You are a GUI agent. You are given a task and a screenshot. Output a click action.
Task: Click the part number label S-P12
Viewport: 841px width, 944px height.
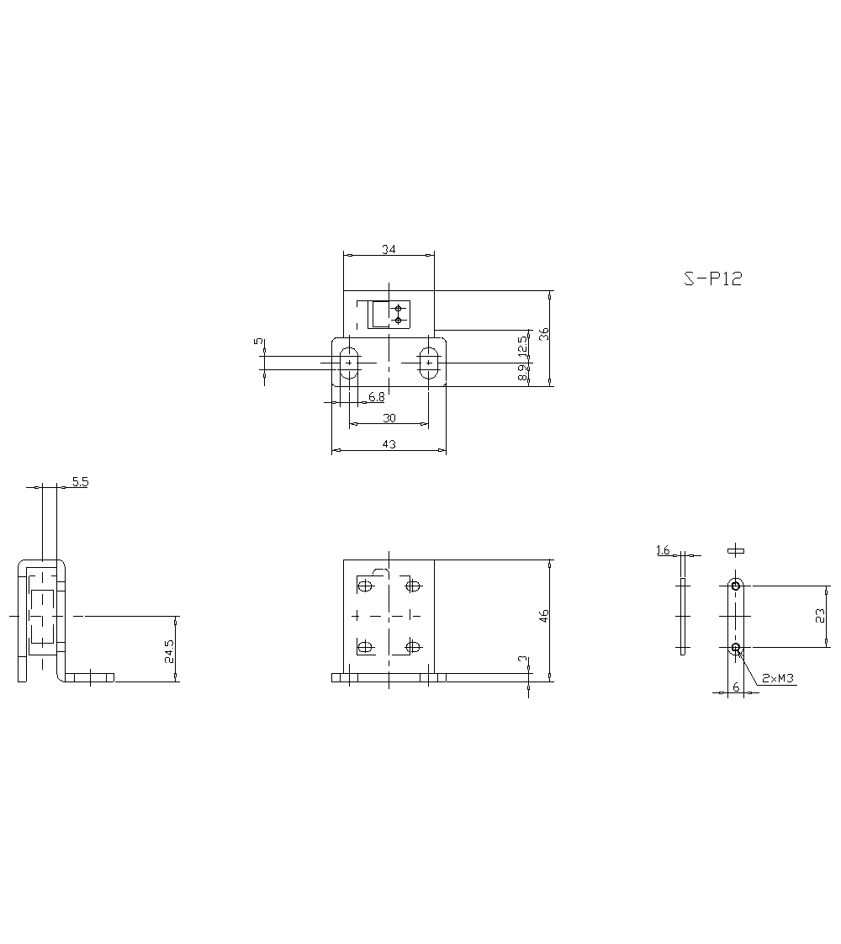click(712, 279)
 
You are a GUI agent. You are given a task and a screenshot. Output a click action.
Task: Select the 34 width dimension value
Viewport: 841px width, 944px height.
click(389, 249)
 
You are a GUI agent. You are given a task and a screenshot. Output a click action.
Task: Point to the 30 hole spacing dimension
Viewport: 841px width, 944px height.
click(389, 418)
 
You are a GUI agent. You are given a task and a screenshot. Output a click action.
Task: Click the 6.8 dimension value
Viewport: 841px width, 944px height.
click(377, 396)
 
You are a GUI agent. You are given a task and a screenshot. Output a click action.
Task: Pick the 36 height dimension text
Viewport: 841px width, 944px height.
click(544, 333)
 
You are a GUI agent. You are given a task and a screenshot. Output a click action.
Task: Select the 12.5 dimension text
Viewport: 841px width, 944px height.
click(522, 345)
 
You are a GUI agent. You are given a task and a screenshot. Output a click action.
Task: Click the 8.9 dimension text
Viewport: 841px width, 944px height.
click(522, 374)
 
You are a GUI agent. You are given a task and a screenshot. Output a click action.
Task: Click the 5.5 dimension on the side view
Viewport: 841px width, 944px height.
click(80, 481)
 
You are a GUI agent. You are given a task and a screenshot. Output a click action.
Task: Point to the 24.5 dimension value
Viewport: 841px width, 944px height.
click(169, 652)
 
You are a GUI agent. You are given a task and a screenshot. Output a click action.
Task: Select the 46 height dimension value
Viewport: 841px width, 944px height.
click(544, 616)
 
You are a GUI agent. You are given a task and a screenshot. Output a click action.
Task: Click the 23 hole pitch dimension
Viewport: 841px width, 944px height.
click(820, 616)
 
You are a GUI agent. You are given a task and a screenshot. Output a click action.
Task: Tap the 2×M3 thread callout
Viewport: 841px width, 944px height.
click(778, 677)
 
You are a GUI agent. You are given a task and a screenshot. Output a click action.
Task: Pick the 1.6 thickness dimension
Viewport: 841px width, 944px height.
click(663, 550)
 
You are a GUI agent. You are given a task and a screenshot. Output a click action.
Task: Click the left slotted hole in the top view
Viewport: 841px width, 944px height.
click(349, 362)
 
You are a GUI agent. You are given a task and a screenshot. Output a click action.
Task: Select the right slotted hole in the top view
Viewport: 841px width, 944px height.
click(429, 362)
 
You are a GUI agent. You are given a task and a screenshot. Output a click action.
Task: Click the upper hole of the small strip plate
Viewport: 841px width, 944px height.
click(736, 586)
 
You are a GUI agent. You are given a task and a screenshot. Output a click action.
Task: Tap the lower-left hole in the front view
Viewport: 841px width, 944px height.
click(364, 646)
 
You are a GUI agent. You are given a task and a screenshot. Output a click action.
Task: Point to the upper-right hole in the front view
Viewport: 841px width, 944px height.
click(413, 585)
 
